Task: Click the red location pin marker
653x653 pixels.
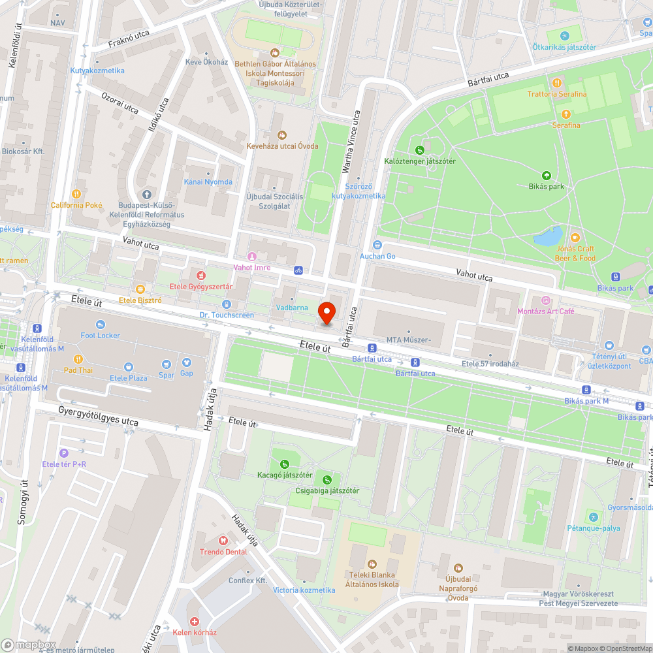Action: pos(326,312)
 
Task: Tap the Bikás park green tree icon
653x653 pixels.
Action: pos(546,175)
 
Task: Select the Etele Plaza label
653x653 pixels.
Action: pos(128,377)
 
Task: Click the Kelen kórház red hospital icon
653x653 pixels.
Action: pos(194,621)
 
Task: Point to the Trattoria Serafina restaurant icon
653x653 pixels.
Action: pos(557,83)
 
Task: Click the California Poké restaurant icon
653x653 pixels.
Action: pos(76,194)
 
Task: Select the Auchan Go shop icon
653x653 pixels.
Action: pos(377,245)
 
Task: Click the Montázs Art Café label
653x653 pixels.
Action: pos(546,311)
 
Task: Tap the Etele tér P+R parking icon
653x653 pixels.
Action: pos(63,453)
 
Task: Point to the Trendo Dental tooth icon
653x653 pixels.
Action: pos(223,540)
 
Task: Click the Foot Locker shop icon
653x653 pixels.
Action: pos(100,325)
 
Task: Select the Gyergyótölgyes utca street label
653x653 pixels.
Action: pos(98,417)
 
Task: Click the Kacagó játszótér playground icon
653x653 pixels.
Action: pos(284,463)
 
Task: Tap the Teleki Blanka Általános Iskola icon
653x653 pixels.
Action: pos(372,564)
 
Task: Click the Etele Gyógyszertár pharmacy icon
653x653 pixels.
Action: pos(201,276)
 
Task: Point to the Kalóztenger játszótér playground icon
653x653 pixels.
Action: pos(419,150)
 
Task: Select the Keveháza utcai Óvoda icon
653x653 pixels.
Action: pos(282,135)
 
